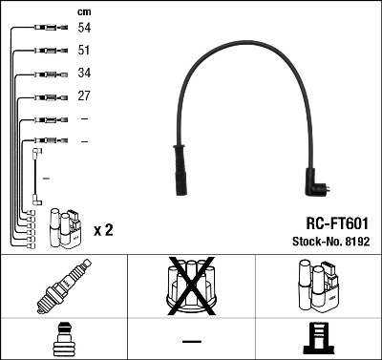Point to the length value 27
85,96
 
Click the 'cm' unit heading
84,11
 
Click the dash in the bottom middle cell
191,341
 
